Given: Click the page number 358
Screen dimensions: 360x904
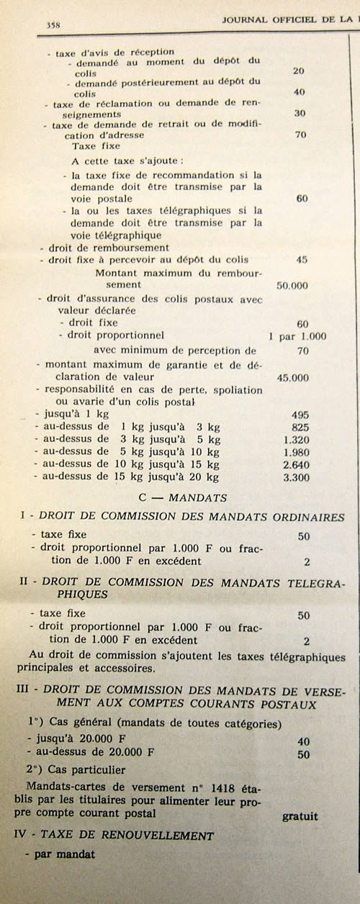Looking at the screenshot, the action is coord(52,24).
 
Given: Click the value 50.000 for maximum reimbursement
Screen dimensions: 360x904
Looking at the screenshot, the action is coord(292,285).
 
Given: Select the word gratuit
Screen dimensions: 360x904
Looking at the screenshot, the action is coord(300,816).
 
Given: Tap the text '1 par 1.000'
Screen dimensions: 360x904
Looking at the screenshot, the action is coord(297,335).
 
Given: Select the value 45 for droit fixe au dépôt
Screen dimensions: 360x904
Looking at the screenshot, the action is coord(302,260).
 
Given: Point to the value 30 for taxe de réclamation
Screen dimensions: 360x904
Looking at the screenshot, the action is coord(300,113).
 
